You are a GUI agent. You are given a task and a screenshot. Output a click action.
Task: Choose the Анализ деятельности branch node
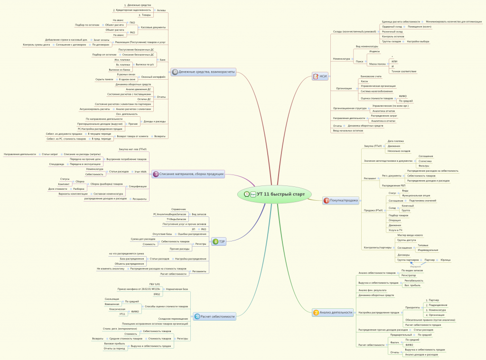[336, 312]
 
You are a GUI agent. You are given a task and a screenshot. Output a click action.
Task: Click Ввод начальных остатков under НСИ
[348, 130]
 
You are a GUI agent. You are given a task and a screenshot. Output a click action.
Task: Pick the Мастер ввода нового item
[410, 235]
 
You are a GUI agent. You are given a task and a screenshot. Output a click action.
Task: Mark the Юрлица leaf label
[445, 260]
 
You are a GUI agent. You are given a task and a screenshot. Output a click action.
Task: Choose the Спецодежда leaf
[57, 164]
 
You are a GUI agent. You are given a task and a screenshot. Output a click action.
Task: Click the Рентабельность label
[413, 280]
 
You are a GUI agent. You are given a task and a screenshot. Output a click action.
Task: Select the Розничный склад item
[393, 32]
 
